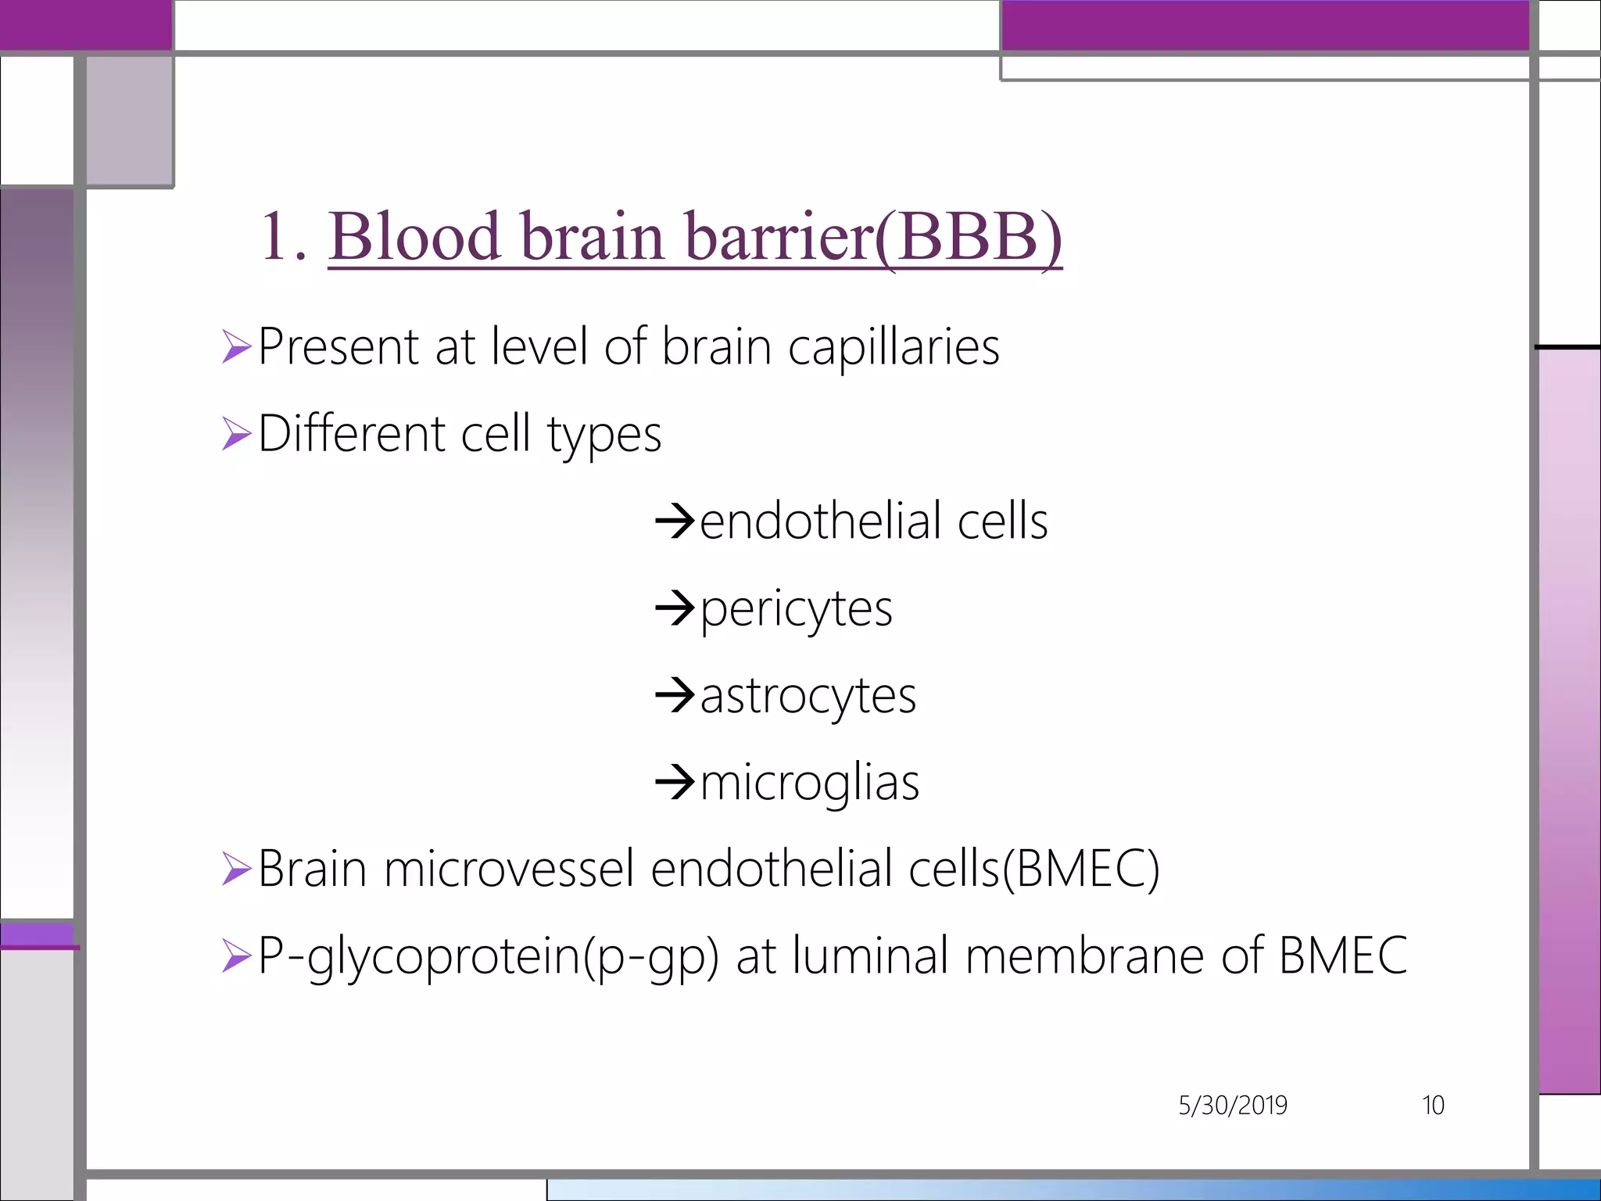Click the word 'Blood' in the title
click(x=414, y=236)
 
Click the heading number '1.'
click(x=284, y=236)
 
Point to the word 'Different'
click(x=351, y=433)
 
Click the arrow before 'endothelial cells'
click(x=675, y=521)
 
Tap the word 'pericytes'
click(x=796, y=610)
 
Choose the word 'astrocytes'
click(x=808, y=697)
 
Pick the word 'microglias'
click(x=809, y=783)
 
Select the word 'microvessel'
click(x=508, y=869)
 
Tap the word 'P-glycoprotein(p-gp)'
click(x=488, y=957)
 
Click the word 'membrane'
click(x=1084, y=955)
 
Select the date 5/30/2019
click(x=1233, y=1106)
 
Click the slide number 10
click(x=1433, y=1106)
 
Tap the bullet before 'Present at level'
click(x=235, y=346)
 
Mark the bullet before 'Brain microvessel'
click(x=235, y=869)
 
